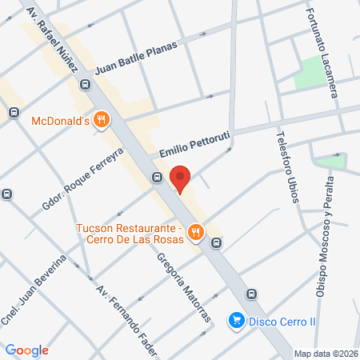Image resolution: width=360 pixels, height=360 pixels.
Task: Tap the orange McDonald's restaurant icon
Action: tap(100, 121)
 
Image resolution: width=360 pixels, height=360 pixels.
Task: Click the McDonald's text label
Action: tap(59, 122)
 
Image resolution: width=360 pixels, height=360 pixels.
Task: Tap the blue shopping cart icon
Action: tap(236, 321)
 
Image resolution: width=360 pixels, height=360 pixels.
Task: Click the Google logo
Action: tap(26, 350)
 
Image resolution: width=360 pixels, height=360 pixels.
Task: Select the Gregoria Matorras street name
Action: tap(183, 288)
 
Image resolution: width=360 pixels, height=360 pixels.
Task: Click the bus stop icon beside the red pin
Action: tap(158, 178)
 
